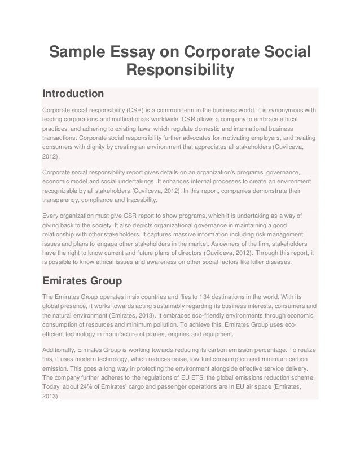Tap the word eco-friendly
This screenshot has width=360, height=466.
[x=212, y=317]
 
